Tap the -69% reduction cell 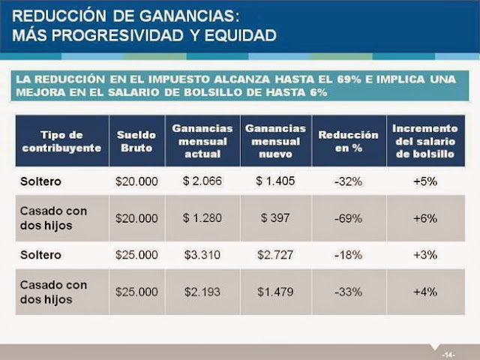pos(348,218)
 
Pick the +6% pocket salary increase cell pos(424,218)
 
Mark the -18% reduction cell pos(348,254)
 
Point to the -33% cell pos(348,291)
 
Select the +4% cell pos(424,291)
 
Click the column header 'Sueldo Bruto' pos(137,141)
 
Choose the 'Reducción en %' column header pos(348,141)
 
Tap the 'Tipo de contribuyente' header pos(61,141)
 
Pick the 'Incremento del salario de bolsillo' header pos(424,141)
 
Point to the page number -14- pos(448,353)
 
